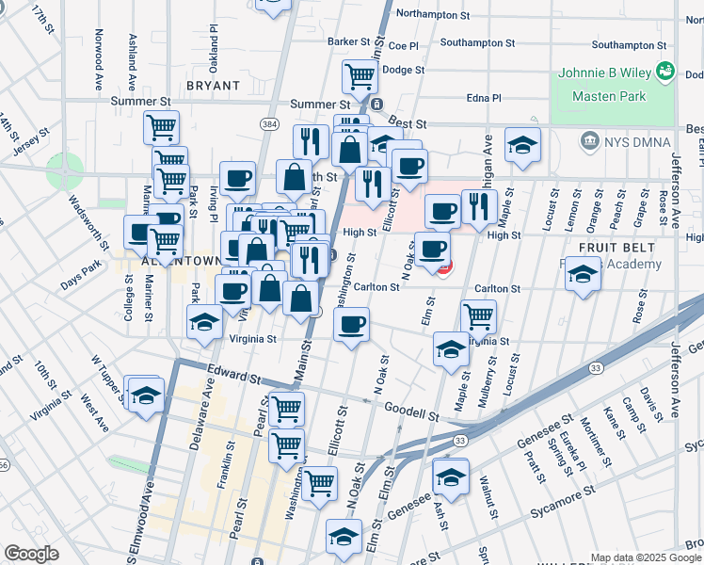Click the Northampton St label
(x=433, y=15)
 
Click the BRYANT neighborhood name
(x=213, y=85)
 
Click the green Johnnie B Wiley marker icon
(x=666, y=71)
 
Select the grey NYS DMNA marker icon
(x=590, y=141)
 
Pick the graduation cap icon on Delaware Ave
(x=204, y=321)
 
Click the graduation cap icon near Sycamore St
(x=451, y=476)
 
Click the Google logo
(x=31, y=554)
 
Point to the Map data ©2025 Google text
(x=645, y=557)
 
